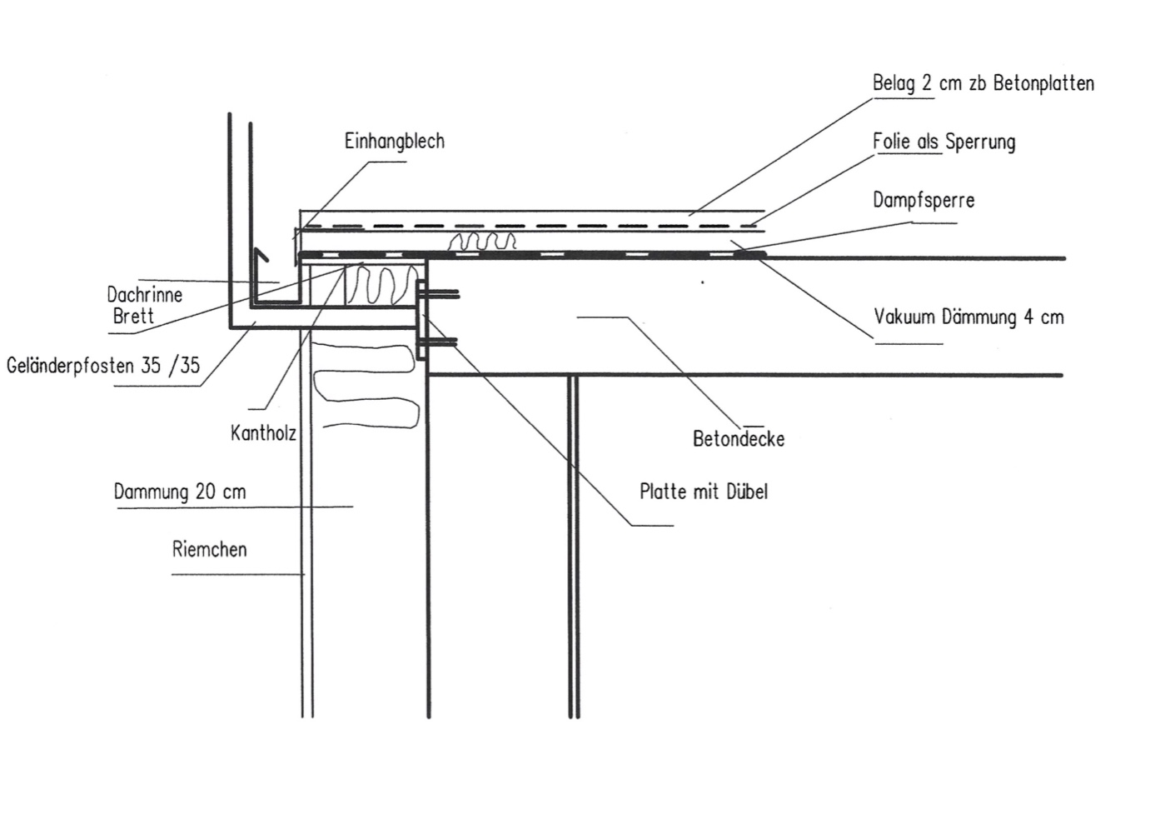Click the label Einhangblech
click(394, 142)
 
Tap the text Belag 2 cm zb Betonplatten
click(983, 83)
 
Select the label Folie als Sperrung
click(943, 142)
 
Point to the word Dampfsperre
click(923, 201)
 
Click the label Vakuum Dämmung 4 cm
click(968, 317)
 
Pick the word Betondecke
click(738, 439)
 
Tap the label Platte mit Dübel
click(703, 492)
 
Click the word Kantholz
click(263, 433)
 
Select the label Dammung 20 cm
click(180, 492)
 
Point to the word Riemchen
click(209, 550)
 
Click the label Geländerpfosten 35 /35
click(103, 365)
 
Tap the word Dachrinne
click(144, 295)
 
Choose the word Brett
click(133, 317)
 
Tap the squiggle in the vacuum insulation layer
click(482, 242)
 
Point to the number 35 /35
click(171, 365)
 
